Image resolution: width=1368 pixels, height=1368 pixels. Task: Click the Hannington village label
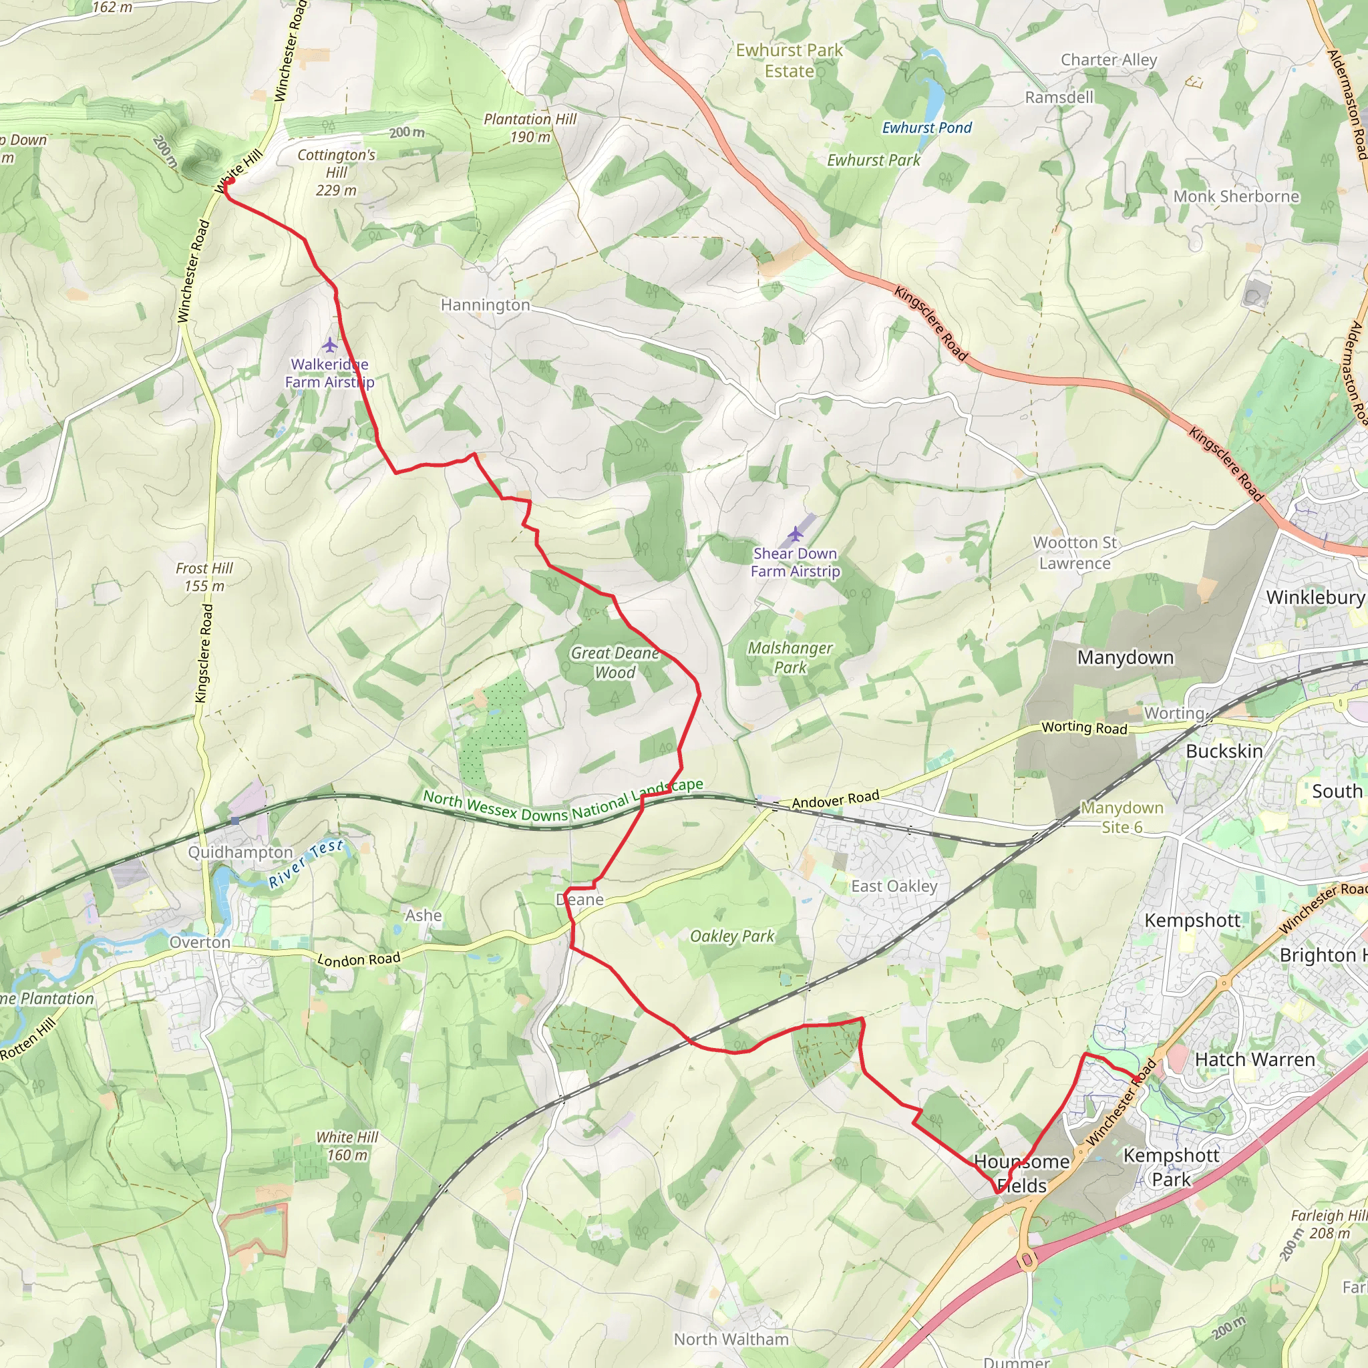(485, 305)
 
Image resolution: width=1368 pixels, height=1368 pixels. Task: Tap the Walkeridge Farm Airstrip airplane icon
(330, 345)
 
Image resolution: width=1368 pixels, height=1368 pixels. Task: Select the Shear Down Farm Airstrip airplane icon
(795, 533)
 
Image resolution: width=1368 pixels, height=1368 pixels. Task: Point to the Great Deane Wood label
(615, 663)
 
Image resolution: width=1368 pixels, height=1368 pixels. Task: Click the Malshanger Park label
(790, 658)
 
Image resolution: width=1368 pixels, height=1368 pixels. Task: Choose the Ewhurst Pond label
(927, 128)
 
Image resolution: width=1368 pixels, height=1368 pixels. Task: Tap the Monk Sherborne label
(1236, 196)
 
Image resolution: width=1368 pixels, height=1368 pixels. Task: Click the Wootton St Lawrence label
(1075, 553)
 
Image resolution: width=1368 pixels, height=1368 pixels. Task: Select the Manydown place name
(1125, 658)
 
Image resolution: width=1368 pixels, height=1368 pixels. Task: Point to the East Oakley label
(894, 886)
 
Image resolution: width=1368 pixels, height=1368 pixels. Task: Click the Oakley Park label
(732, 936)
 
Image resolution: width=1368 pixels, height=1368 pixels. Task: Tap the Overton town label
(200, 943)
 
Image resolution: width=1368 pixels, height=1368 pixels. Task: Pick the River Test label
(306, 864)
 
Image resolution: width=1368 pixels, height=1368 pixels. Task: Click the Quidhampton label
(240, 852)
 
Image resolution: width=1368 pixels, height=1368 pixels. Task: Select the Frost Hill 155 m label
(204, 577)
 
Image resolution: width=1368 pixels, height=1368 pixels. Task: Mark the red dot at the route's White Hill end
(228, 181)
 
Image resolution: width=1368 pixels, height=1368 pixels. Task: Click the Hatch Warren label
(1254, 1060)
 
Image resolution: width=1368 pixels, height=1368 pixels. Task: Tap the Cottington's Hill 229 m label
(337, 172)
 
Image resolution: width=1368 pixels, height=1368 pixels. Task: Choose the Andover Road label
(836, 800)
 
